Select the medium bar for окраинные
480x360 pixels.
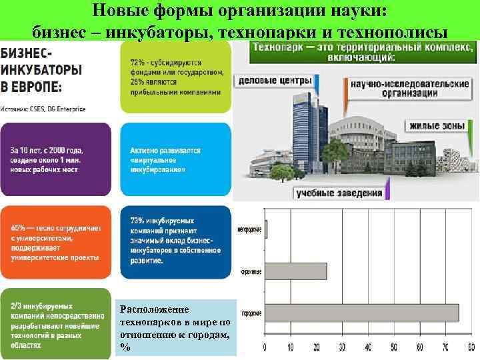pyautogui.click(x=296, y=271)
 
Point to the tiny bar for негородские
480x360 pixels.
pyautogui.click(x=267, y=229)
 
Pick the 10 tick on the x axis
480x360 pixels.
pyautogui.click(x=291, y=348)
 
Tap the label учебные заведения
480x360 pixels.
pyautogui.click(x=340, y=193)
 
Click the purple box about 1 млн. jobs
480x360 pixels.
pyautogui.click(x=55, y=160)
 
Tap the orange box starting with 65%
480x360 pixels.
pyautogui.click(x=55, y=242)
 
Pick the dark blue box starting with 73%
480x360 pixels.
pyautogui.click(x=175, y=242)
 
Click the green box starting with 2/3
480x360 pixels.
pyautogui.click(x=55, y=323)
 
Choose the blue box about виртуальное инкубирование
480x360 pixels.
pyautogui.click(x=175, y=160)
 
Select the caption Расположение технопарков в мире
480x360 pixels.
pyautogui.click(x=175, y=327)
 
